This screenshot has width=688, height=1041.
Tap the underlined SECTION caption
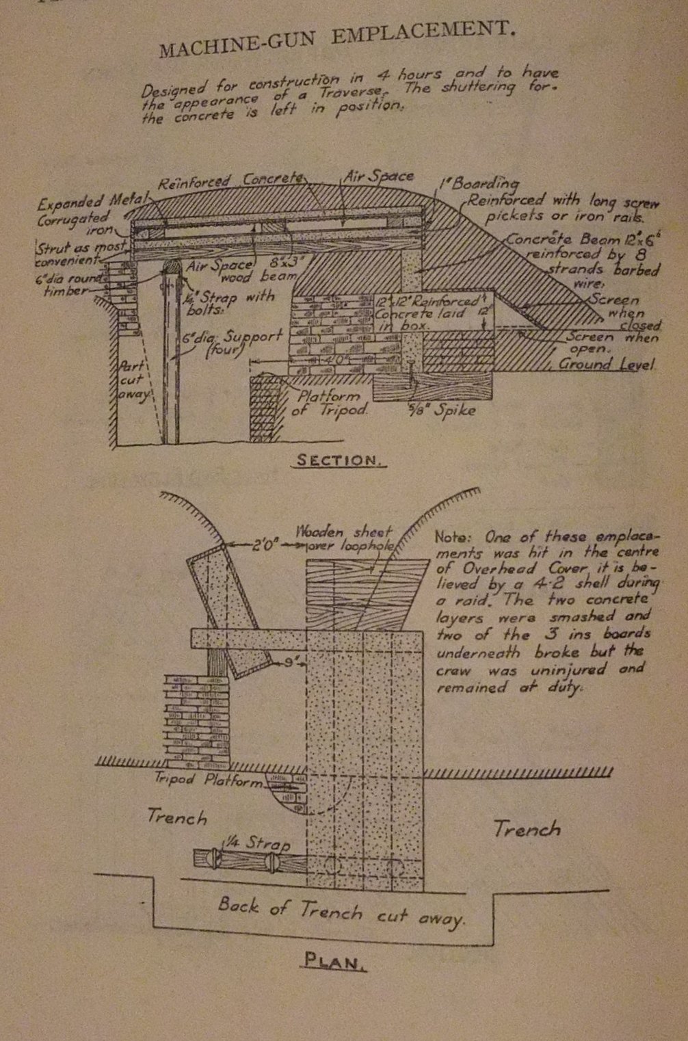pyautogui.click(x=338, y=460)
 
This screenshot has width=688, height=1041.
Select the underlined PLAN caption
pyautogui.click(x=334, y=962)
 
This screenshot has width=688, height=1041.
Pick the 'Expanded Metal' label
pyautogui.click(x=90, y=202)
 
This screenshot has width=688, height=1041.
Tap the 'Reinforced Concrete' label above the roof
pyautogui.click(x=230, y=181)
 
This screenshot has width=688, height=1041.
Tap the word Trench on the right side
pyautogui.click(x=527, y=829)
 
